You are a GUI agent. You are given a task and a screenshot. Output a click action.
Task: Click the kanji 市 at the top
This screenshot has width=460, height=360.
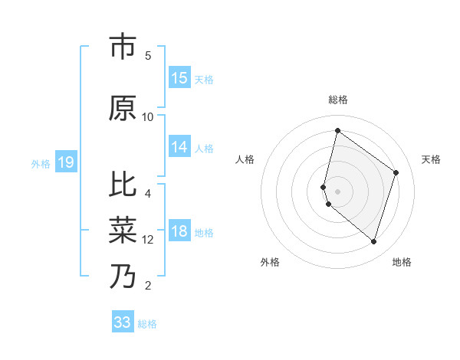coord(123,47)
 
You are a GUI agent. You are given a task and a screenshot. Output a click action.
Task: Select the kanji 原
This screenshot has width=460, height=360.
coord(123,109)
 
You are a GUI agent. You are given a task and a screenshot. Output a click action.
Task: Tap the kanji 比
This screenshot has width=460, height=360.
coord(123,185)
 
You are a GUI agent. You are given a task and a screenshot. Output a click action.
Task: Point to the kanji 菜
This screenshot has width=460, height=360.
coord(123,230)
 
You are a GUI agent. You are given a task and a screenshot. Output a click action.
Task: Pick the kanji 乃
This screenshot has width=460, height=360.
coord(123,277)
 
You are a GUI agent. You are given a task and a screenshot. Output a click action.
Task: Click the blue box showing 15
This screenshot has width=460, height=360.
coord(179,78)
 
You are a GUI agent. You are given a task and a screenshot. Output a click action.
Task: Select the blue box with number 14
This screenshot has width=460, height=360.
coord(179,147)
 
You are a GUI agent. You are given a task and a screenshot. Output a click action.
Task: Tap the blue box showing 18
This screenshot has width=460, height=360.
coord(179,231)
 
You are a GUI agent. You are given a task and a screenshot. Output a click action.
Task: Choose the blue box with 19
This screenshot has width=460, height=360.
coord(66,162)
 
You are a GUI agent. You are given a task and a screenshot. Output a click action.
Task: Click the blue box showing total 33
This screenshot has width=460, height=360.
coord(123,322)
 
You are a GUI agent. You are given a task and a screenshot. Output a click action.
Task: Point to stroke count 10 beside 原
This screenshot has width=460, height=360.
coord(148,117)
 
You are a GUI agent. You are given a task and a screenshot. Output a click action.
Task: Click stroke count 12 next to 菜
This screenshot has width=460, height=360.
coord(148,240)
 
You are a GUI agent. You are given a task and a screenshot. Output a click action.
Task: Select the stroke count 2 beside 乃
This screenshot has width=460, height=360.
coord(148,286)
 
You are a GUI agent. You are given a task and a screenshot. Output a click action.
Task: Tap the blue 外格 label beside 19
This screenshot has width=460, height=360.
coord(41,163)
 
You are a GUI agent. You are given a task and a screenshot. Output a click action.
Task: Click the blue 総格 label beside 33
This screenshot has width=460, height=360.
coord(147,324)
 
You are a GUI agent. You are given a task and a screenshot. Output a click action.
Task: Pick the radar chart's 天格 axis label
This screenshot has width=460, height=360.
coord(431,159)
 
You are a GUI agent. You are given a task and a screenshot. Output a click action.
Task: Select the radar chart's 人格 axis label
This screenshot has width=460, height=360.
coord(245,159)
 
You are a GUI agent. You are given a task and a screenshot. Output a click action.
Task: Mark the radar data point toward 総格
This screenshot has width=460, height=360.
coord(337,130)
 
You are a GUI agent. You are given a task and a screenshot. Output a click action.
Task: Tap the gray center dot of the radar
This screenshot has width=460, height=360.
coord(338,191)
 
